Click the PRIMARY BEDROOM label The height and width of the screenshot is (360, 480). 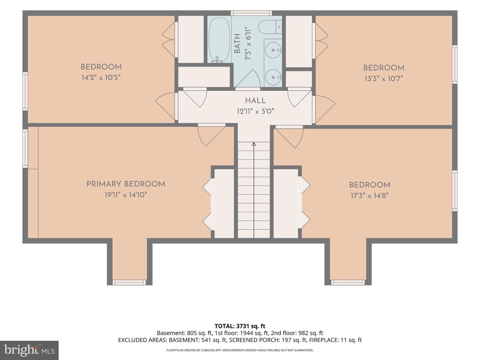click(x=126, y=184)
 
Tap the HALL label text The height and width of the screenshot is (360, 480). click(x=255, y=101)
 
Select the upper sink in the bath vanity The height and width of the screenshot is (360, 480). click(x=273, y=50)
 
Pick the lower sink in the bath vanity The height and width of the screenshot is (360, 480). click(x=273, y=77)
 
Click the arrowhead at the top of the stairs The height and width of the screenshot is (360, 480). click(x=254, y=144)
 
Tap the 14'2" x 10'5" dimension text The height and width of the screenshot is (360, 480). click(x=101, y=77)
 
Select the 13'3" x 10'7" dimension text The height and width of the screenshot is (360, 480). click(x=384, y=78)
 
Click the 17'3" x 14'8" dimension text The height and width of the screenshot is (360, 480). click(x=370, y=195)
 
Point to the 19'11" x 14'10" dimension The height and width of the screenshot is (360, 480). click(x=126, y=195)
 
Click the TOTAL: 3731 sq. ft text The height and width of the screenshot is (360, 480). click(x=240, y=326)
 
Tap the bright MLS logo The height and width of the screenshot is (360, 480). click(x=29, y=350)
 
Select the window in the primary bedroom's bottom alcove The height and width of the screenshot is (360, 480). click(x=129, y=282)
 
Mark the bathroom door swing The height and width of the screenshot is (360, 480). click(x=248, y=79)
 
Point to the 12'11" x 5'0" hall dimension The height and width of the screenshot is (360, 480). click(x=255, y=111)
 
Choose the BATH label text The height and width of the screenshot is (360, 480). click(x=237, y=43)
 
